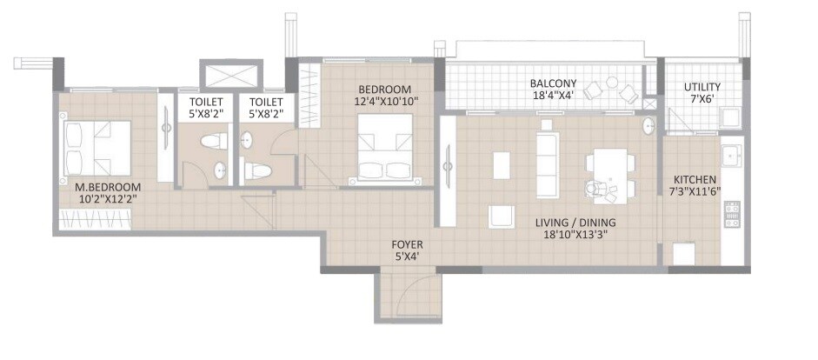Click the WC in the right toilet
click(x=257, y=170)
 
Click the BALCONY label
click(x=553, y=84)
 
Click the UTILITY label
click(x=701, y=88)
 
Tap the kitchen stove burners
click(x=731, y=214)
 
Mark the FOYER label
click(x=407, y=244)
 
